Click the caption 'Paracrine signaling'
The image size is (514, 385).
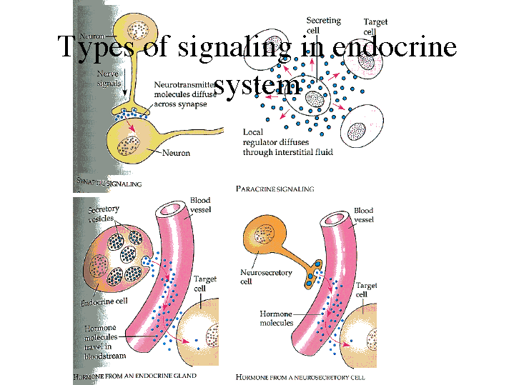coord(275,189)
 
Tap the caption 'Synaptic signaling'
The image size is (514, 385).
coord(109,184)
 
